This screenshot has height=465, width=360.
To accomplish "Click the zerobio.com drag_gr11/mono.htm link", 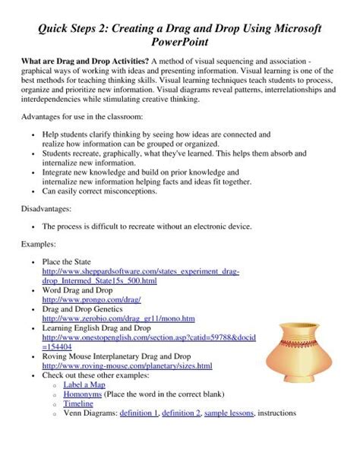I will (118, 319).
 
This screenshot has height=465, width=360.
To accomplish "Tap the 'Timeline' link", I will (77, 404).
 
